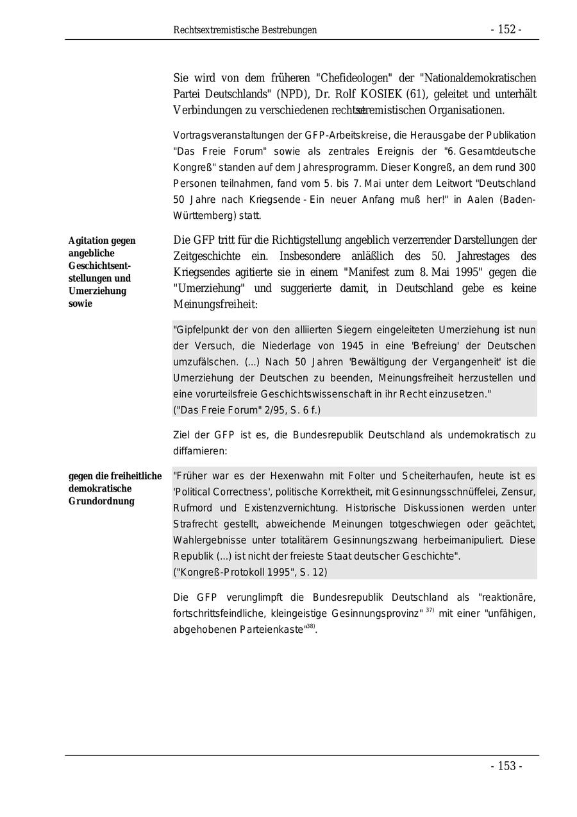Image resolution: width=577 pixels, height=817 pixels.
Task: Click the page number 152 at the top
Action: (x=506, y=30)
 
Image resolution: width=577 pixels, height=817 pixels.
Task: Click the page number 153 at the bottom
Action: (x=506, y=766)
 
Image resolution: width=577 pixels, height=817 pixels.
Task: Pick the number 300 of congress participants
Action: (x=526, y=167)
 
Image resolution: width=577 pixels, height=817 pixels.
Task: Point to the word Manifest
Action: (x=374, y=271)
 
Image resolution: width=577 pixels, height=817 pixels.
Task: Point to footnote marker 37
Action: (x=430, y=610)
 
